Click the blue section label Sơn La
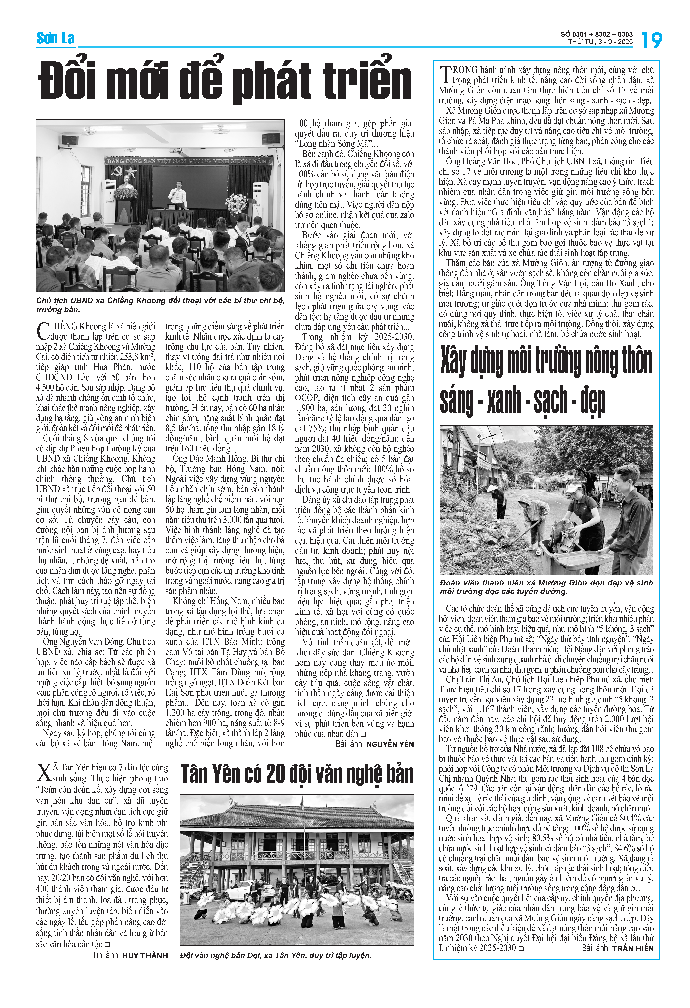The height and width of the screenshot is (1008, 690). coord(55,39)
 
